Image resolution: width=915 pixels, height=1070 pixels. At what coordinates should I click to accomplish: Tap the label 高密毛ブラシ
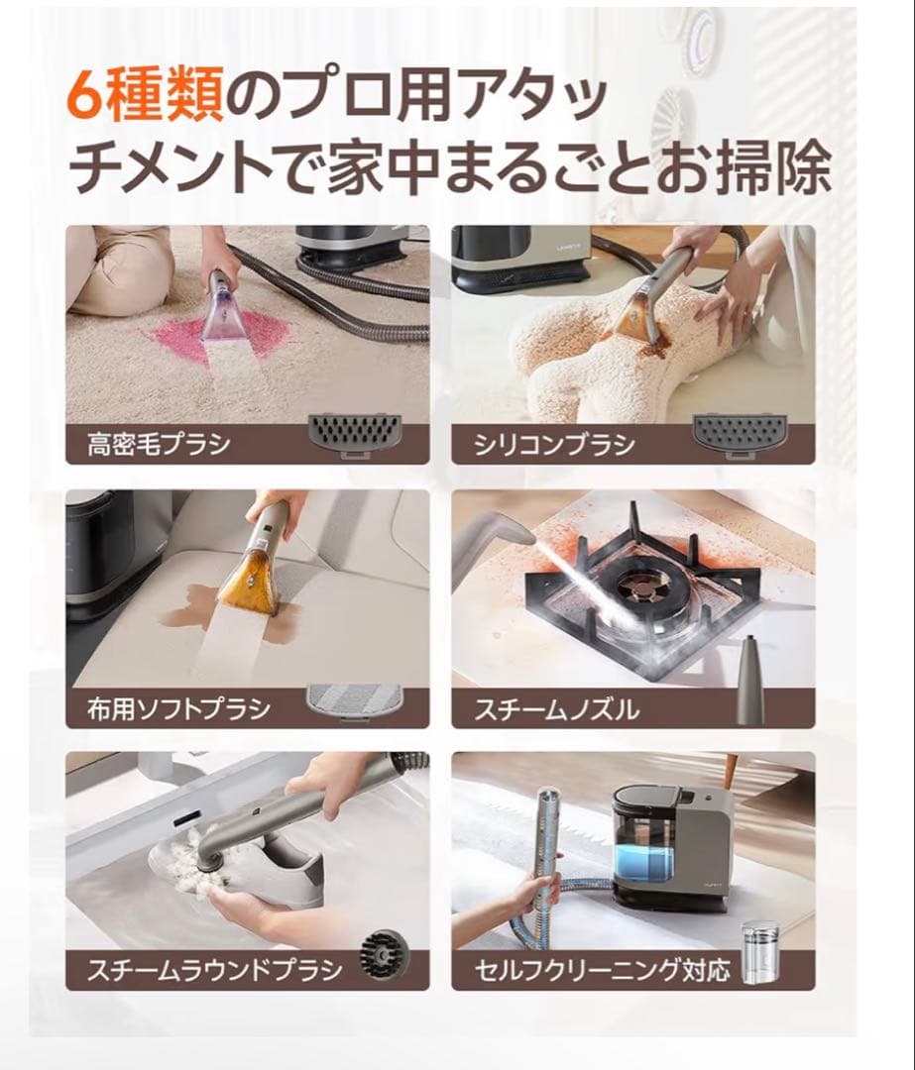click(159, 443)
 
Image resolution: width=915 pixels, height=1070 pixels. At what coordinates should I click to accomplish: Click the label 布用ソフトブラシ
click(178, 708)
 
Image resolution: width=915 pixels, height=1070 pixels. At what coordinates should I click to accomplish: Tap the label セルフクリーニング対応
click(602, 968)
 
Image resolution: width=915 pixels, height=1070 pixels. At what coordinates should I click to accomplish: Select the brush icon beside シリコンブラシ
click(739, 432)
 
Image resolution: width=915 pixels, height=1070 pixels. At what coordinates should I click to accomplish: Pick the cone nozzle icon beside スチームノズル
click(750, 684)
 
